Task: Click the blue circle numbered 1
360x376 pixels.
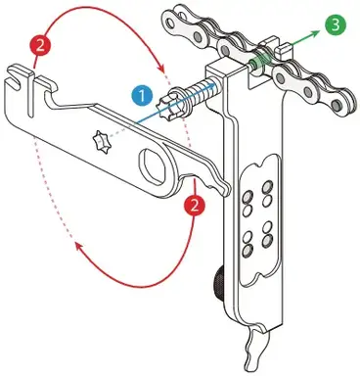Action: pos(142,96)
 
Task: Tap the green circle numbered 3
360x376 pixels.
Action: pos(336,24)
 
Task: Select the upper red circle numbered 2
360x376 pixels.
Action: pos(40,45)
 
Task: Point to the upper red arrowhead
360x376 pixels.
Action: pos(161,68)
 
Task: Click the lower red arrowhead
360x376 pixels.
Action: pos(79,247)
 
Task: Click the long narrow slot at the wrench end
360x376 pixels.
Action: pos(30,94)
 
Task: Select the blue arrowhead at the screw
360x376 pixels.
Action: pos(211,85)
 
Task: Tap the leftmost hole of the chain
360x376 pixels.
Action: pos(170,23)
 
